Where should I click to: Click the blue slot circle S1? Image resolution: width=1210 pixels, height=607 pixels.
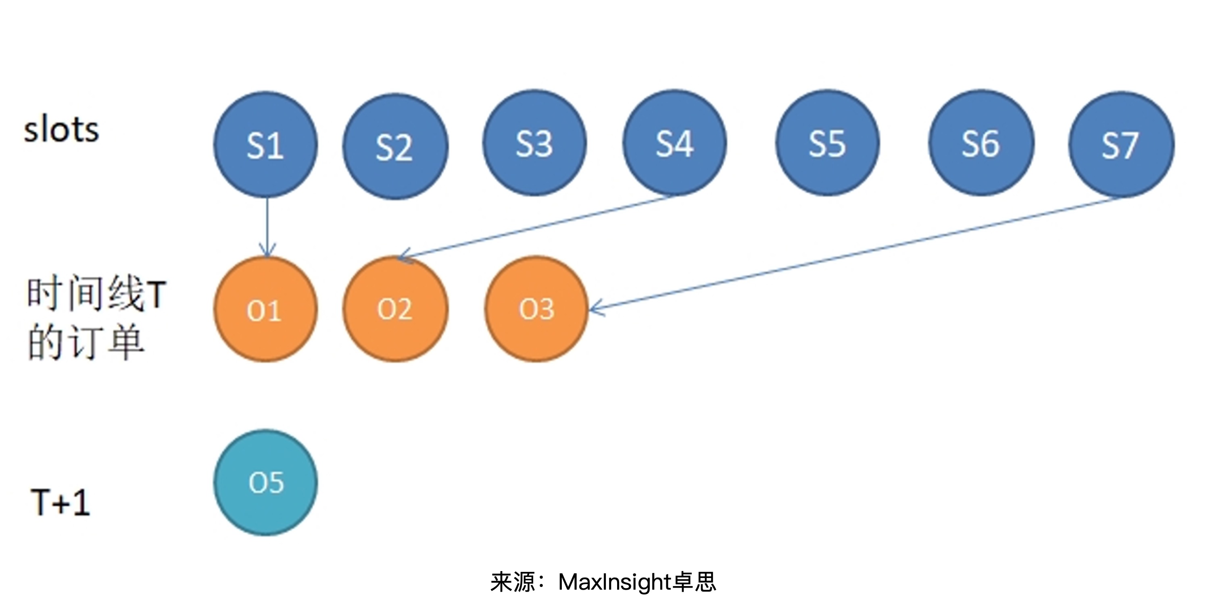pyautogui.click(x=265, y=145)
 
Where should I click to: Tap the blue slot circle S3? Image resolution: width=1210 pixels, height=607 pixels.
pyautogui.click(x=534, y=143)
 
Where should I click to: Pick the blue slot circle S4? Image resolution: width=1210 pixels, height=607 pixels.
pyautogui.click(x=674, y=143)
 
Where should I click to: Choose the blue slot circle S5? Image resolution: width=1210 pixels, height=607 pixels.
pyautogui.click(x=827, y=143)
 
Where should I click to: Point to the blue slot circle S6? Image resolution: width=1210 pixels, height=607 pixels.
pyautogui.click(x=981, y=143)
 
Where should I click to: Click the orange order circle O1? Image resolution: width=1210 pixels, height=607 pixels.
pyautogui.click(x=265, y=310)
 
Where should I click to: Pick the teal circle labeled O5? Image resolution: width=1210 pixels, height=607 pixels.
pyautogui.click(x=266, y=482)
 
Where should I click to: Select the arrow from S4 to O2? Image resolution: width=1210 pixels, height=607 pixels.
pyautogui.click(x=536, y=227)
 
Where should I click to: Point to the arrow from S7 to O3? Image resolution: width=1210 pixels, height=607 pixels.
pyautogui.click(x=855, y=254)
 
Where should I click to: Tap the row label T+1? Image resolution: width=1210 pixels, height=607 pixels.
pyautogui.click(x=60, y=502)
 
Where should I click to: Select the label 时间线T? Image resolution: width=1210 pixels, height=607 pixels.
pyautogui.click(x=96, y=293)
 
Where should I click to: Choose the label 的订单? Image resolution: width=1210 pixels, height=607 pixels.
pyautogui.click(x=86, y=341)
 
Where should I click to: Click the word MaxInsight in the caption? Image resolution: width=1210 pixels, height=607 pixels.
pyautogui.click(x=614, y=582)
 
